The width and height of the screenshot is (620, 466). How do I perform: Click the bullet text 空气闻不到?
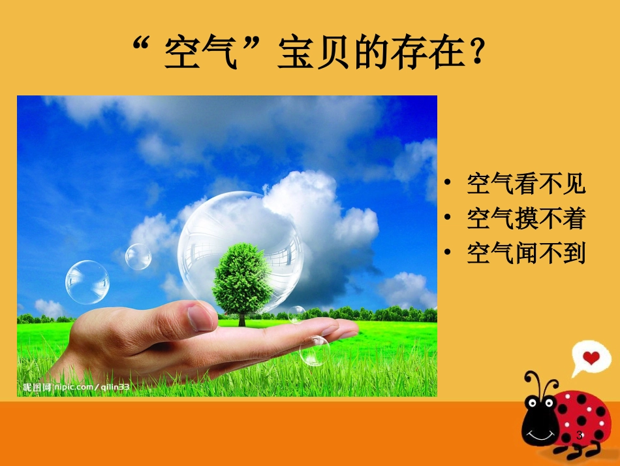526,253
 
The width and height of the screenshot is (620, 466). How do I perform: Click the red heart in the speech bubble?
591,358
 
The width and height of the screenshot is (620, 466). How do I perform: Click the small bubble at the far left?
87,282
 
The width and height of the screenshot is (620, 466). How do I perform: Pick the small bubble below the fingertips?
315,351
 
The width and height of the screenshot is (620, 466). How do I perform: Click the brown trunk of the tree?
241,320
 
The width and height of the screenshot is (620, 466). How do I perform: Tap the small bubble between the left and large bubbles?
138,256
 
